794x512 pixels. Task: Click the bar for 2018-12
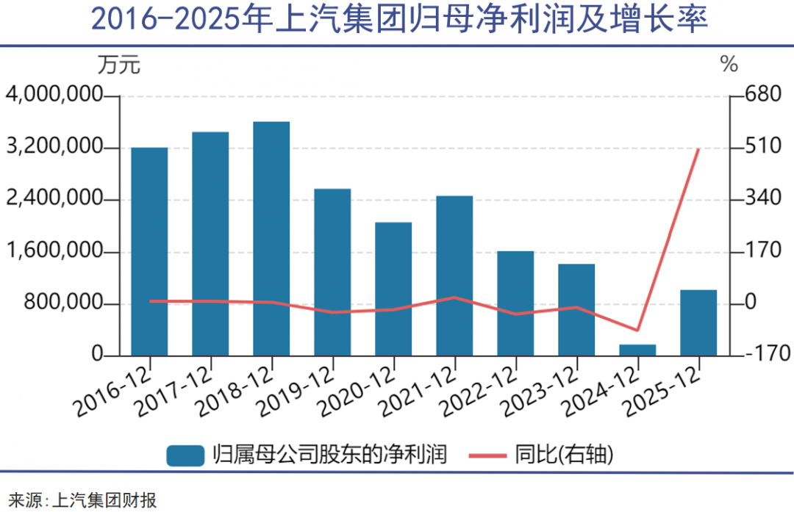[x=271, y=239]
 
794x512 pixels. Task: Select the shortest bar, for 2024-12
[x=637, y=350]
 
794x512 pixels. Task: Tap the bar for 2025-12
[x=698, y=323]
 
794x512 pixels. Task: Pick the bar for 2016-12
[x=149, y=252]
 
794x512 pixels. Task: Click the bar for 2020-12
[x=393, y=289]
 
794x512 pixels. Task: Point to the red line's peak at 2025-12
[x=698, y=149]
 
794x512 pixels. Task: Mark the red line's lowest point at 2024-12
[x=637, y=331]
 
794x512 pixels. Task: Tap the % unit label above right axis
[x=729, y=65]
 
